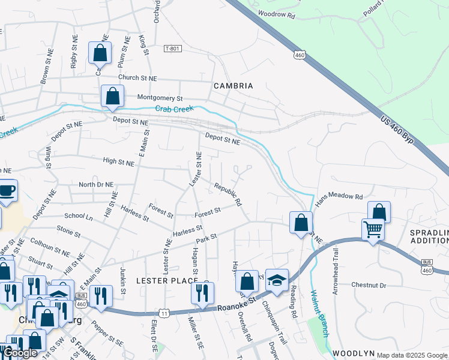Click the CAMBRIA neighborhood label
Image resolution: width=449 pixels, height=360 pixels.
click(234, 86)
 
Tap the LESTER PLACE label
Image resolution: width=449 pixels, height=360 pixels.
click(167, 280)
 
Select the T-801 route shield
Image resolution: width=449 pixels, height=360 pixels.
click(173, 49)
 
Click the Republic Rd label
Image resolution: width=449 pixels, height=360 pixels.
click(228, 194)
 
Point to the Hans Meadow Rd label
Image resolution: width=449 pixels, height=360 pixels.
click(339, 197)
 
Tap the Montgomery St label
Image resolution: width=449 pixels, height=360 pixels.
click(160, 97)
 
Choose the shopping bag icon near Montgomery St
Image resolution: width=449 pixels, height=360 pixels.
click(112, 95)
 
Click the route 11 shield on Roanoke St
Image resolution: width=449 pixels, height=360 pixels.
click(164, 313)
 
